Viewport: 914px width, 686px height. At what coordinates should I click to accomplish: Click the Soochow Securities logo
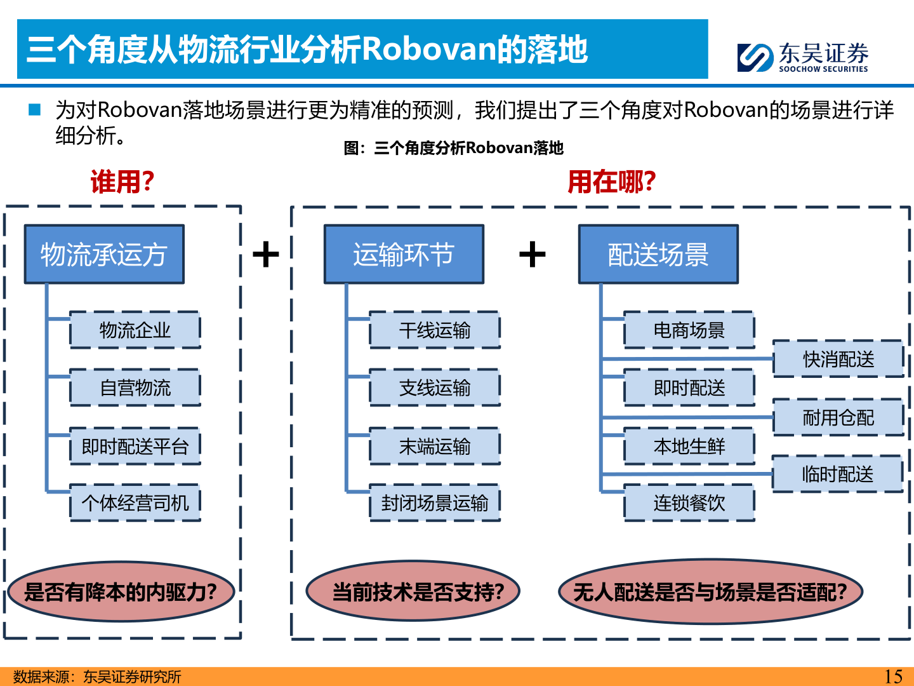click(802, 57)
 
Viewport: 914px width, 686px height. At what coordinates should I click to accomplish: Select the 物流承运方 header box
click(104, 254)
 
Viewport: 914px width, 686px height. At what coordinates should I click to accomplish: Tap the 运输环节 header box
click(404, 254)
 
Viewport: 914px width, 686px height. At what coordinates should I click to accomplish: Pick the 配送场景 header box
click(658, 254)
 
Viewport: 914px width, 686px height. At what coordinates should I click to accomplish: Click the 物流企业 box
click(135, 330)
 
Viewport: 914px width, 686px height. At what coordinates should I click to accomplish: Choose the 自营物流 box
click(135, 387)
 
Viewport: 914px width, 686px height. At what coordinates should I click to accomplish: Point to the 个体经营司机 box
click(135, 503)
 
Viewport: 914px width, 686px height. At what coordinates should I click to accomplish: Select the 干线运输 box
click(435, 330)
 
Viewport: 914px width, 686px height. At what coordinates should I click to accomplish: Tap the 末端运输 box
click(435, 447)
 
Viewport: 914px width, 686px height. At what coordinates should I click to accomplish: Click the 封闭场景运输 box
click(435, 503)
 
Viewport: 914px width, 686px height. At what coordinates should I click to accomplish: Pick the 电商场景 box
click(689, 330)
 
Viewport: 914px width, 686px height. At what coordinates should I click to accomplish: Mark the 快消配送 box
click(838, 359)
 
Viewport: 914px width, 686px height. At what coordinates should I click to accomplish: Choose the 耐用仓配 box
click(838, 417)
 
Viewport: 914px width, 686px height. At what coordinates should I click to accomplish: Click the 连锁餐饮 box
click(689, 503)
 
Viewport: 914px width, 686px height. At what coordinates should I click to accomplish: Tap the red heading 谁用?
click(123, 182)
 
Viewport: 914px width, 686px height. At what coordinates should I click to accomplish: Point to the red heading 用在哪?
click(611, 182)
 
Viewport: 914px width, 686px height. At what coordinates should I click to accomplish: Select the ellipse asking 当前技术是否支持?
click(413, 591)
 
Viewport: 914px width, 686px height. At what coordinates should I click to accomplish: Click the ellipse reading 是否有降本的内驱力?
click(121, 591)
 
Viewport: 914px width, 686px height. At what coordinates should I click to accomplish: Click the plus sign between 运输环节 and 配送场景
click(533, 255)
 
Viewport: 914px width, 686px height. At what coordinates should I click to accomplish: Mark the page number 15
click(893, 676)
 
